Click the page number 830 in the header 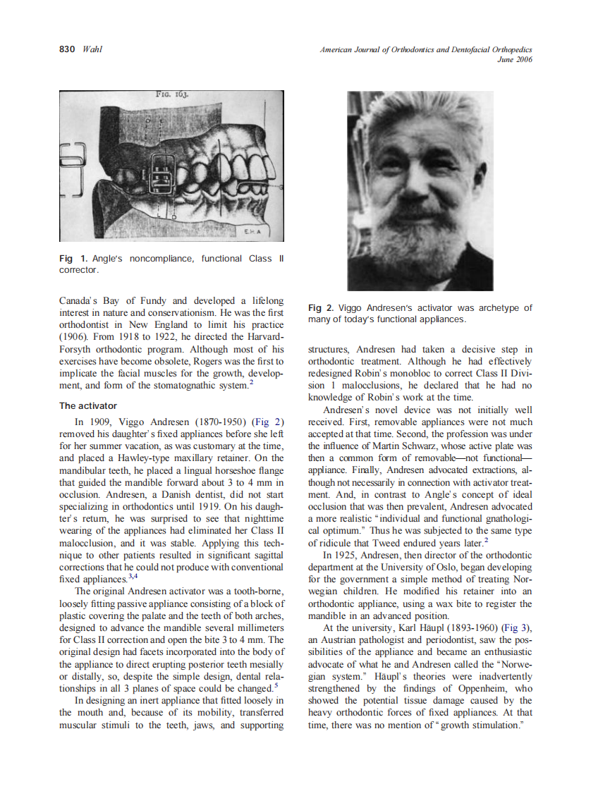coord(67,49)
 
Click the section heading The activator coord(87,406)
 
